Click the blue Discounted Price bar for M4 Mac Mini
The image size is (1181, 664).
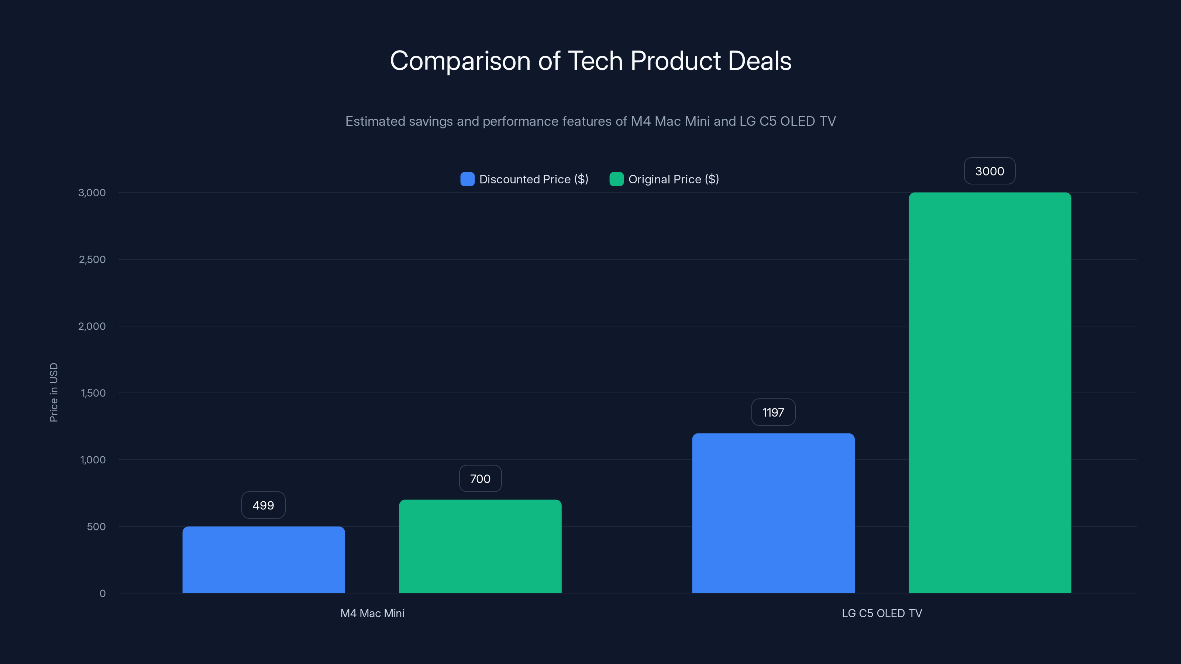coord(264,560)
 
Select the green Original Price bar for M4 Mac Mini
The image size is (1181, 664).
coord(480,546)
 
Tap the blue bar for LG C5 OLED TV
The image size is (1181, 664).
coord(773,513)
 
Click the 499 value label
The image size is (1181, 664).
coord(263,505)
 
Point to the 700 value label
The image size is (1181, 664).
coord(480,478)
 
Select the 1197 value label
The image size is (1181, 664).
coord(773,412)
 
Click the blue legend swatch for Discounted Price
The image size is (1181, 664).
coord(467,179)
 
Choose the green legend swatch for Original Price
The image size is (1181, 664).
coord(616,179)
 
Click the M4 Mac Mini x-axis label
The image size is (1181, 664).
coord(372,613)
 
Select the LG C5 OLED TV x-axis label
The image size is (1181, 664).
coord(882,613)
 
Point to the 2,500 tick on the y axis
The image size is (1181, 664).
coord(92,259)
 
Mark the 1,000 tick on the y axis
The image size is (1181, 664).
coord(93,460)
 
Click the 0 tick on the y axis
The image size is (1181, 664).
coord(102,594)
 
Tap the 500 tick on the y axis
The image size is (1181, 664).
coord(96,526)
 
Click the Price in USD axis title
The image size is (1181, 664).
coord(54,392)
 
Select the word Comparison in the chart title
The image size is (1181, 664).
coord(460,61)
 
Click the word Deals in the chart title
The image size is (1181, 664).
coord(759,61)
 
